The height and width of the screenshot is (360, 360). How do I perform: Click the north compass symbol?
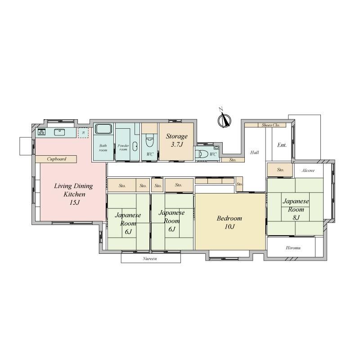224,119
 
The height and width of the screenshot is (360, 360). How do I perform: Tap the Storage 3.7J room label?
177,140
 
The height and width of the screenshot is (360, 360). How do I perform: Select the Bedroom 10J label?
229,222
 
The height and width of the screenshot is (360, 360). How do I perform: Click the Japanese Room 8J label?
296,209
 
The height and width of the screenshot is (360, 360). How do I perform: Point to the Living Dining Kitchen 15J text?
74,194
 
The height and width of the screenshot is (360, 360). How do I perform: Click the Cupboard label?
57,159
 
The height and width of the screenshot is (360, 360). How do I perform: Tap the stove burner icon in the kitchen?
41,132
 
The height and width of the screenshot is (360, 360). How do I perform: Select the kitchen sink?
60,132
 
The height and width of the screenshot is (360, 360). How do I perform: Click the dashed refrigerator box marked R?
83,133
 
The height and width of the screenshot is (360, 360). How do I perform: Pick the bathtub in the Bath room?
103,129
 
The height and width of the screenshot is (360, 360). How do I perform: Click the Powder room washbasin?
135,147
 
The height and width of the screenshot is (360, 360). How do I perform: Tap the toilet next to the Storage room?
149,141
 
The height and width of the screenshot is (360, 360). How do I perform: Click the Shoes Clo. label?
271,125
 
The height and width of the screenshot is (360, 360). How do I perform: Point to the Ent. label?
282,145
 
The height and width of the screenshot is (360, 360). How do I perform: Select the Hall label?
255,153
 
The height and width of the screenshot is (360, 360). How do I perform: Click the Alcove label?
308,171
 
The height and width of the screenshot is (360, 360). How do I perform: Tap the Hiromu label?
293,248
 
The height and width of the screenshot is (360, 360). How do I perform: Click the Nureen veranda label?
150,258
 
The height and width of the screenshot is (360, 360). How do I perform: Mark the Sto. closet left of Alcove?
279,170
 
